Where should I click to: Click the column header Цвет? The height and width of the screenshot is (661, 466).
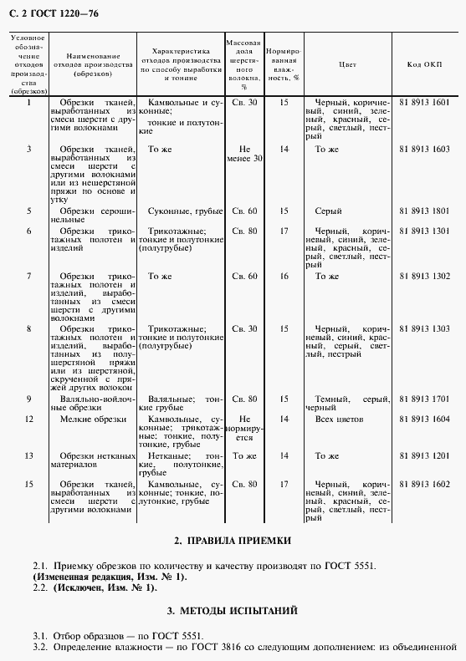pyautogui.click(x=347, y=64)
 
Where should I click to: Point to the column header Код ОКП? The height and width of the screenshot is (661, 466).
pyautogui.click(x=425, y=64)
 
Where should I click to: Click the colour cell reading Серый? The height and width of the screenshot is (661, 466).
pyautogui.click(x=328, y=211)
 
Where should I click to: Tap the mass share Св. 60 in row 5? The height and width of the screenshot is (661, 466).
pyautogui.click(x=244, y=211)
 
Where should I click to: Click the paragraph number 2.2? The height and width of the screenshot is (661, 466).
pyautogui.click(x=40, y=587)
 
